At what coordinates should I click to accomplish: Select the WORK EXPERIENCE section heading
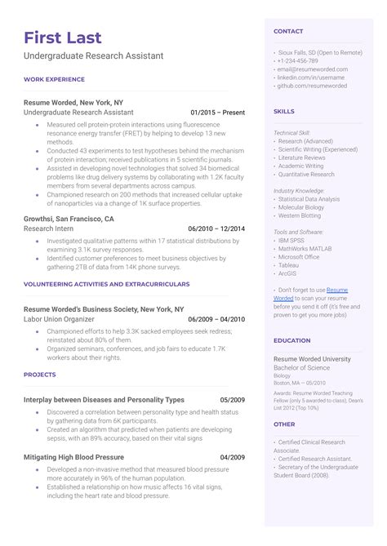(55, 79)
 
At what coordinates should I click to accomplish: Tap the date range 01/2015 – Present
(217, 112)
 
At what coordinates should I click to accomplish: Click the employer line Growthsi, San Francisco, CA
(69, 220)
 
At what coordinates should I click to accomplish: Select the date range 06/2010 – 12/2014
(216, 229)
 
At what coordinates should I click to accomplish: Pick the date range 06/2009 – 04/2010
(216, 320)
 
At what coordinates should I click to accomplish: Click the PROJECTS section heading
(40, 375)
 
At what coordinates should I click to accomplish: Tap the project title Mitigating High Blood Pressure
(74, 457)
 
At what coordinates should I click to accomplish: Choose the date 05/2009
(232, 400)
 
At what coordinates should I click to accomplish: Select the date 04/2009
(232, 457)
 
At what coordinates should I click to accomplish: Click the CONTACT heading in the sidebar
(288, 31)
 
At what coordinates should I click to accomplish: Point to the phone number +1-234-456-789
(297, 61)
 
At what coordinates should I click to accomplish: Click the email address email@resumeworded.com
(307, 69)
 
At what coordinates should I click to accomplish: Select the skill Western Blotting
(300, 215)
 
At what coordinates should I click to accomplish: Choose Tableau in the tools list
(288, 264)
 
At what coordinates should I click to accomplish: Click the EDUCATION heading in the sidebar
(292, 340)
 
